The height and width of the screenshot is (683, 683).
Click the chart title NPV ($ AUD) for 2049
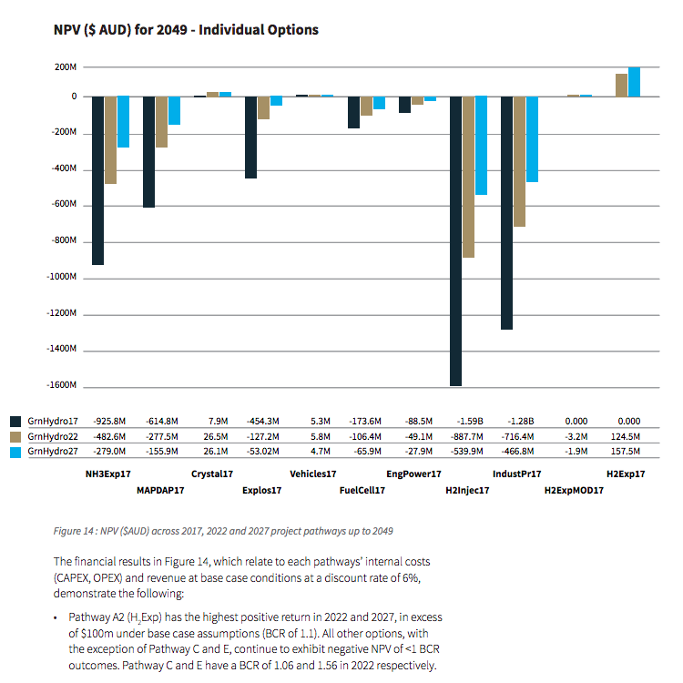(x=186, y=29)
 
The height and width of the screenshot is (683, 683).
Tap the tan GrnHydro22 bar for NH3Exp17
(x=110, y=139)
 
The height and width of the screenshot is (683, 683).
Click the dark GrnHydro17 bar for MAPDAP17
(x=148, y=151)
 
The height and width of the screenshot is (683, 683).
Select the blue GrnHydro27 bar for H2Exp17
(x=634, y=81)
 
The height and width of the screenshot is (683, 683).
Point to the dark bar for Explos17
(x=250, y=137)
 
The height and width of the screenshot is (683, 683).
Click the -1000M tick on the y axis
(x=65, y=277)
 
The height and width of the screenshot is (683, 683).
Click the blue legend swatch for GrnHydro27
(x=15, y=451)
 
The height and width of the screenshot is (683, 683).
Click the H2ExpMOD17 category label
(x=573, y=491)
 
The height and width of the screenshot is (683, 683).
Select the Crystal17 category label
(x=212, y=474)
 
